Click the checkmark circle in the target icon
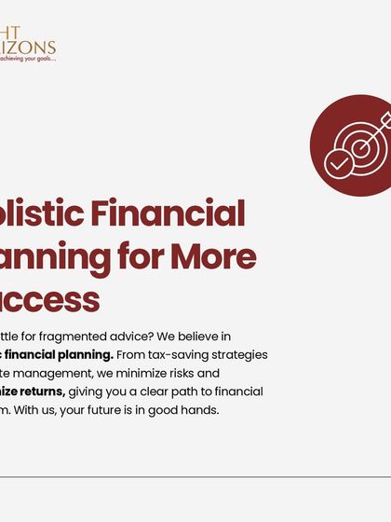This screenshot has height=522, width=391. [x=338, y=165]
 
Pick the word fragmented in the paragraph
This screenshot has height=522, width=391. [x=92, y=337]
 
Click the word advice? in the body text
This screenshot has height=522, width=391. [x=150, y=337]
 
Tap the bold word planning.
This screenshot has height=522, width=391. [x=86, y=355]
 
